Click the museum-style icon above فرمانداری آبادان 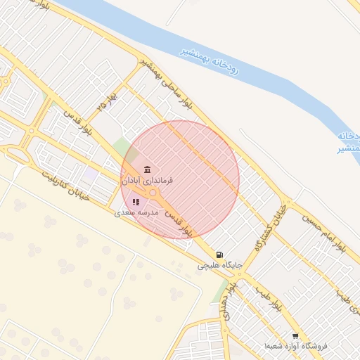[146, 169]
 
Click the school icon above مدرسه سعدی [136, 202]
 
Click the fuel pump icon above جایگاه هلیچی [220, 255]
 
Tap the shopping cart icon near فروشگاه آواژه [295, 337]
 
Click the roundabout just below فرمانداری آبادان [153, 192]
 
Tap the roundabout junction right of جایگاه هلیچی [245, 276]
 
